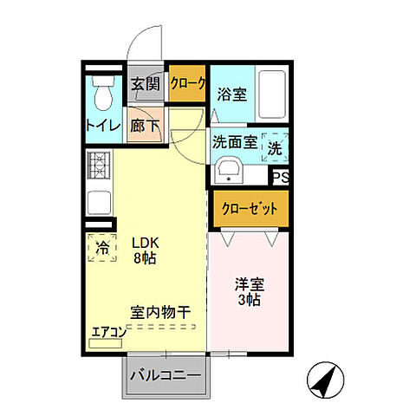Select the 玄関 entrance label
[x=145, y=84]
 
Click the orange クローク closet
[x=188, y=84]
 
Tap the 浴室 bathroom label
[x=233, y=94]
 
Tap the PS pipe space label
[x=280, y=177]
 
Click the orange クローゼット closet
[x=249, y=209]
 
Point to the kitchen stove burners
[x=98, y=164]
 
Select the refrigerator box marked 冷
[x=102, y=248]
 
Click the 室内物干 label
[x=160, y=310]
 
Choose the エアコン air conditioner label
[x=110, y=331]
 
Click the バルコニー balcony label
[x=165, y=376]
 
